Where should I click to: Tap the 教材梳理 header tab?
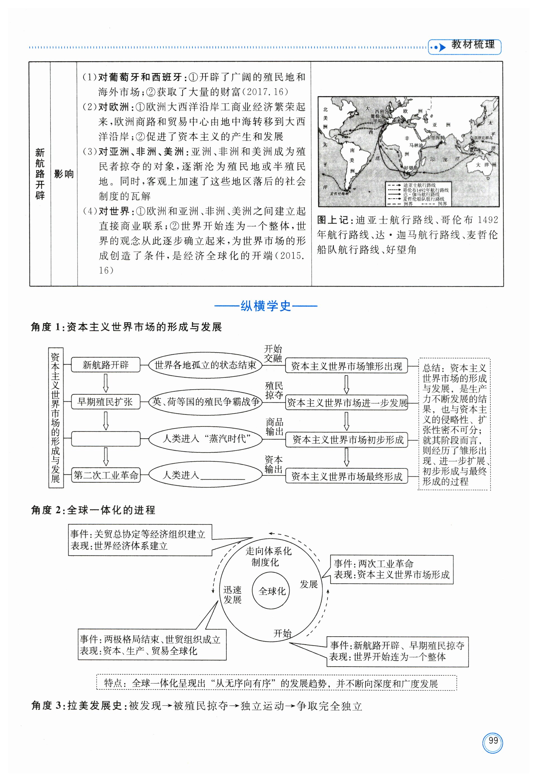(x=473, y=45)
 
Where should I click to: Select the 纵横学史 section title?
(x=265, y=306)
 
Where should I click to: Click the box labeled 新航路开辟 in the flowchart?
(x=105, y=365)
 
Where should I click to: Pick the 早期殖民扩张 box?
(x=105, y=402)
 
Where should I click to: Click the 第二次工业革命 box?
(x=106, y=475)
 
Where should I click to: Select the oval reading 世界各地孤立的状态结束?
(x=205, y=365)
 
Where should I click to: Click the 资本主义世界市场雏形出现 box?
(x=346, y=366)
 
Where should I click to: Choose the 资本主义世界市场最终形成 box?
(x=346, y=477)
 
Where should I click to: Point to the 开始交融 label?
(x=273, y=353)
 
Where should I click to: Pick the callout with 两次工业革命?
(x=391, y=569)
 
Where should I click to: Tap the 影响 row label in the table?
(x=64, y=174)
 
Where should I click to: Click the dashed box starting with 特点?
(x=276, y=682)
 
